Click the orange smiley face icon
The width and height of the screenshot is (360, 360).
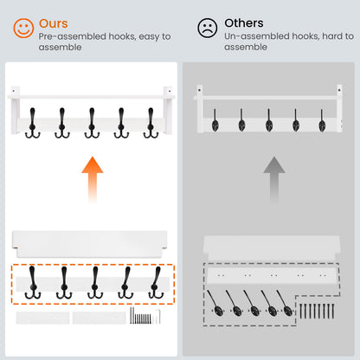23,28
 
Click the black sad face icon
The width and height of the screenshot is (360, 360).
207,28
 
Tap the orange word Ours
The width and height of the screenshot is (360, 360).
54,23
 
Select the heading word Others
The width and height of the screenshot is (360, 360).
244,23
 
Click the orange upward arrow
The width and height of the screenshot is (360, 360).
93,179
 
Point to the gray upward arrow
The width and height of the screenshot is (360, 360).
274,179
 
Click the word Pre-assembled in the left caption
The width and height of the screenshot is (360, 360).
73,36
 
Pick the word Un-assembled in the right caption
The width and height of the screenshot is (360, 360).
257,36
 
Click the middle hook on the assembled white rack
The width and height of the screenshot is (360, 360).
92,123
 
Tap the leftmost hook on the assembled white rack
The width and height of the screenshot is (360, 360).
33,123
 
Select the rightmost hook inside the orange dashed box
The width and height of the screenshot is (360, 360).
156,283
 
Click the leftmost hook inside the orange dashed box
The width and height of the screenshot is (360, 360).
33,283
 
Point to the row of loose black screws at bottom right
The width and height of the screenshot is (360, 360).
317,311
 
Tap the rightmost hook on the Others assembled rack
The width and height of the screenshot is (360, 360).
322,120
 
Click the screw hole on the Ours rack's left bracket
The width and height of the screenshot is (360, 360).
13,91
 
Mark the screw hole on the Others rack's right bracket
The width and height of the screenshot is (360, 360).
339,90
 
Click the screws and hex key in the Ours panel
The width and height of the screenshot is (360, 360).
145,316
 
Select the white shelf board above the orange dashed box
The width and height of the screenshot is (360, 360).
90,244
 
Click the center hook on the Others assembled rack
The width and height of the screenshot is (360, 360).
269,120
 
